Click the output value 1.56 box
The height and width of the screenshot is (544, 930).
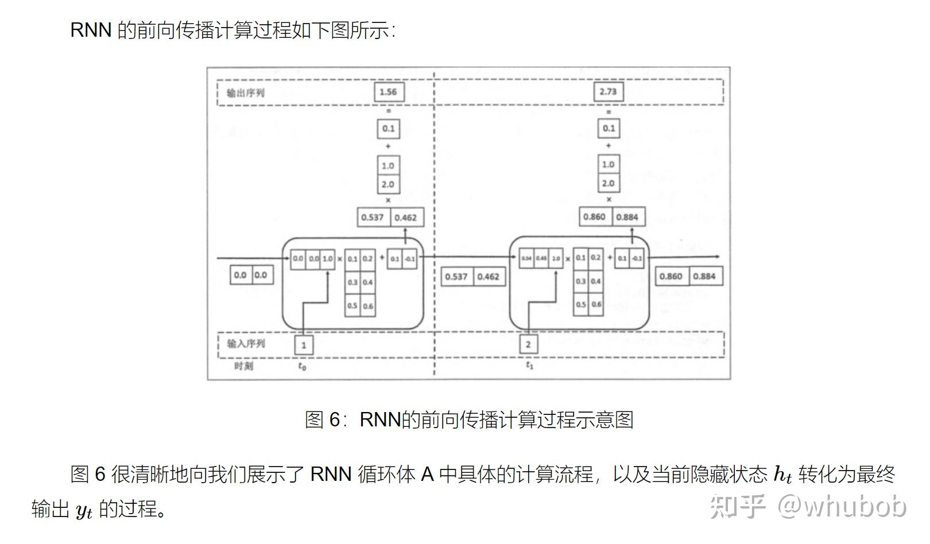coord(389,92)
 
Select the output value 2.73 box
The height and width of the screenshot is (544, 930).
coord(608,92)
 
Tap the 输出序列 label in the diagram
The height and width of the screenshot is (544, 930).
coord(246,93)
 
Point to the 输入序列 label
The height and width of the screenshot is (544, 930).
coord(246,344)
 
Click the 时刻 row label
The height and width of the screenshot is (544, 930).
coord(243,366)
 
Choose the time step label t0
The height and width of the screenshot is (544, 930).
coord(303,366)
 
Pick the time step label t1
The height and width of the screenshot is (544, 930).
coord(529,365)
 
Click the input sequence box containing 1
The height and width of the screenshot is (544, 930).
coord(304,345)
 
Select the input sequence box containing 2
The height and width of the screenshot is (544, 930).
coord(528,344)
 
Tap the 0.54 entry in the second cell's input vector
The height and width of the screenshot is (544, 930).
coord(526,258)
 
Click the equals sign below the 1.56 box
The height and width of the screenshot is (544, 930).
coord(389,111)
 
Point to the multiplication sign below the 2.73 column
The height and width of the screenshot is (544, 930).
coord(609,200)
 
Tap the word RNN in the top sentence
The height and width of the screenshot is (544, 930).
coord(90,30)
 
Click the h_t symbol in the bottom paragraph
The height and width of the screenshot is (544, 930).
coord(782,475)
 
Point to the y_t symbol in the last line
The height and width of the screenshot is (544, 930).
coord(84,510)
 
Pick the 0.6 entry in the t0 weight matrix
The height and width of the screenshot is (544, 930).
coord(368,306)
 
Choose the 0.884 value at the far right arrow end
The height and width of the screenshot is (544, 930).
coord(704,277)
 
